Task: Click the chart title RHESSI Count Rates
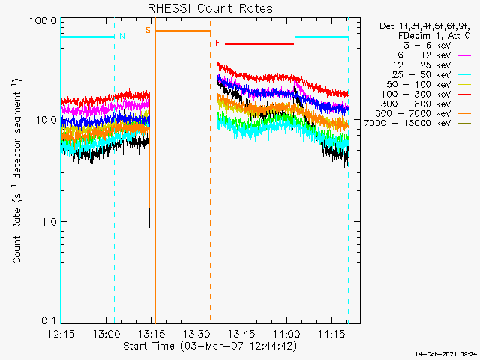tap(210, 8)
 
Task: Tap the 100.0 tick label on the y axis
tap(43, 21)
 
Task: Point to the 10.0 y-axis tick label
tap(46, 120)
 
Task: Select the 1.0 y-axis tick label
tap(49, 222)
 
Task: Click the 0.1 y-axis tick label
tap(49, 320)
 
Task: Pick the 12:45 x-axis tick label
tap(61, 334)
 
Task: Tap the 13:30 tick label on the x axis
tap(196, 334)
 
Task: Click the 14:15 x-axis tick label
tap(331, 334)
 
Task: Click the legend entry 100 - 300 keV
tap(415, 94)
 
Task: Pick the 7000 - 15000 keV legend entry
tap(407, 123)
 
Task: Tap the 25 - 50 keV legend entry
tap(421, 75)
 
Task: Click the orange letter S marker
tap(148, 30)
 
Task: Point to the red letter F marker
tap(217, 43)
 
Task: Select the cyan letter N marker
tap(122, 36)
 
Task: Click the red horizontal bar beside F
tap(259, 43)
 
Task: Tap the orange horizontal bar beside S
tap(183, 31)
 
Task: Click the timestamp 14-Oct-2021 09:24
tap(446, 354)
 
